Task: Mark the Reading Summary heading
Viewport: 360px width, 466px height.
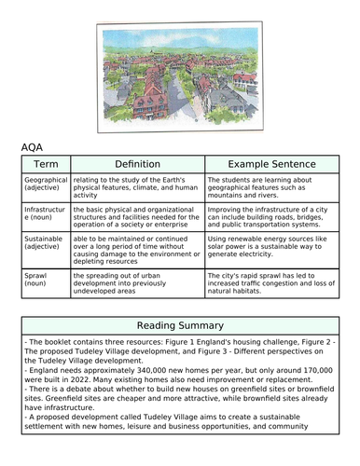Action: [x=180, y=326]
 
